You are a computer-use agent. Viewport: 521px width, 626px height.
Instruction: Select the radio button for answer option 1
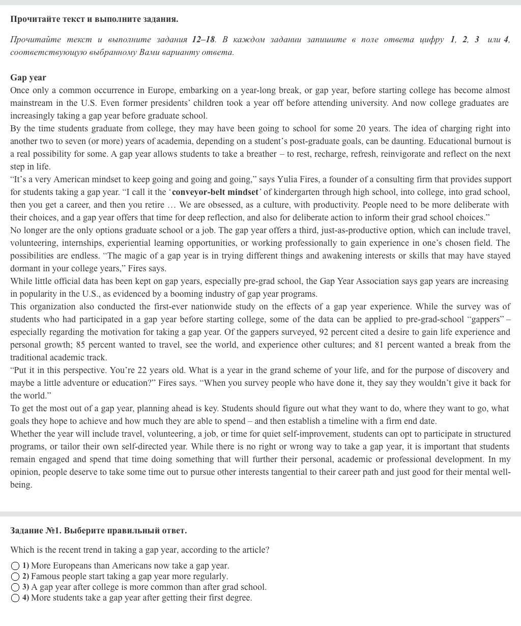(15, 566)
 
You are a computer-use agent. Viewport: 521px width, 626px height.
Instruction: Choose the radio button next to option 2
(15, 577)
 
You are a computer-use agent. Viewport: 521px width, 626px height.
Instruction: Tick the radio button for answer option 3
(15, 587)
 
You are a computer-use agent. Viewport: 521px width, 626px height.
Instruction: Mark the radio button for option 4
(15, 598)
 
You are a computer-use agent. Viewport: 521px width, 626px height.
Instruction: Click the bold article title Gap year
(28, 77)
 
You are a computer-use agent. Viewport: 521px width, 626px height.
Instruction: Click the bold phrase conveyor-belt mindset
(215, 192)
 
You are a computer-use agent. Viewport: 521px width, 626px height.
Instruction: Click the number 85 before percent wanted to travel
(80, 345)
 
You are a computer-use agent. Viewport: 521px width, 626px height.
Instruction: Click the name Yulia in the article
(275, 179)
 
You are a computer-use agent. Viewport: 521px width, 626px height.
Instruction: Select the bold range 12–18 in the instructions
(204, 39)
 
